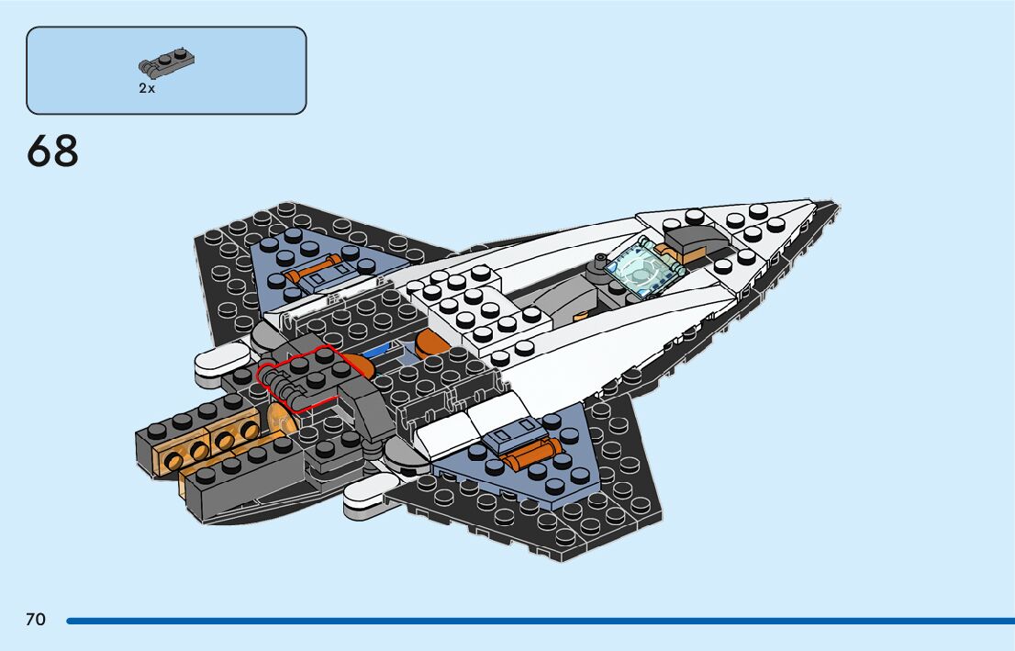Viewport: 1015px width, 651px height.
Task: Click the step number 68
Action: click(52, 152)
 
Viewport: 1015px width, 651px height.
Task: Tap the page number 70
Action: click(36, 620)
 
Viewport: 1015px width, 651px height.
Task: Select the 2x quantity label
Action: click(147, 88)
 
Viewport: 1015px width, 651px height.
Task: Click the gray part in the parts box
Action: click(166, 63)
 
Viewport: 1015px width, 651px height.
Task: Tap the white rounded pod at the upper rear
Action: click(220, 360)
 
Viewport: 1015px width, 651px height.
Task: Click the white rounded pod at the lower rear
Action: click(372, 496)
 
